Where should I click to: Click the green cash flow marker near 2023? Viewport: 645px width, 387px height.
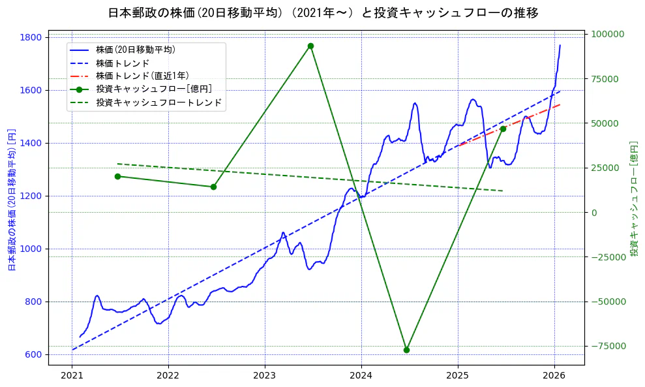pyautogui.click(x=310, y=46)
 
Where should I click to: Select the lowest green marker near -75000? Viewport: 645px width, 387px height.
pyautogui.click(x=406, y=350)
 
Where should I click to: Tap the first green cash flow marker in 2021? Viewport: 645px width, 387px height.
pyautogui.click(x=117, y=176)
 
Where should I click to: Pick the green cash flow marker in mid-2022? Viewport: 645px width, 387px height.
pyautogui.click(x=213, y=187)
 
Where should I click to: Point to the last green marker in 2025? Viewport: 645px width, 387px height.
pyautogui.click(x=503, y=129)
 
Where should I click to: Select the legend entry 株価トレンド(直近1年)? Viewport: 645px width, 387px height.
pyautogui.click(x=142, y=76)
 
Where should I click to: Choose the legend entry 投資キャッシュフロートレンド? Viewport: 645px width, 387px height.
pyautogui.click(x=158, y=103)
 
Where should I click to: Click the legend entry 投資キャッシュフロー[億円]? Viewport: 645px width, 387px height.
pyautogui.click(x=153, y=89)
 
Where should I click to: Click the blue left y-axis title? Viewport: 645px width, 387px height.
pyautogui.click(x=11, y=200)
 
